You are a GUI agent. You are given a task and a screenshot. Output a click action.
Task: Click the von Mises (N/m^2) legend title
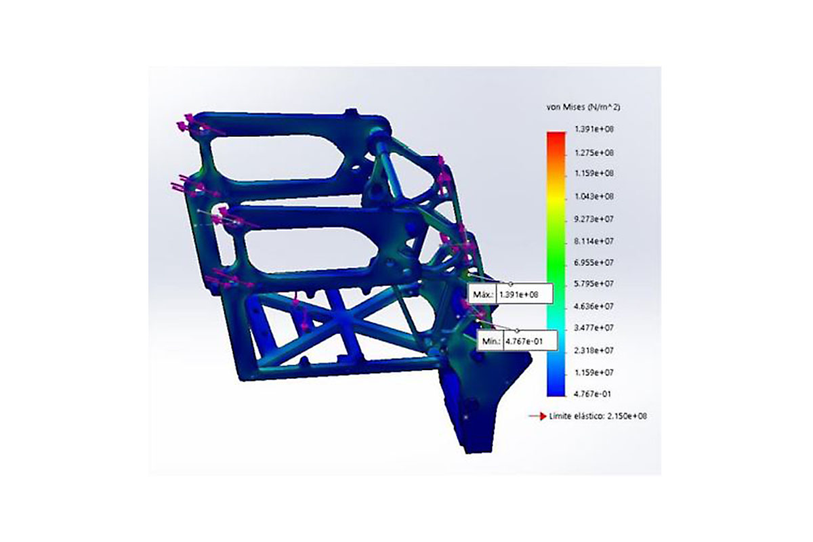(x=583, y=107)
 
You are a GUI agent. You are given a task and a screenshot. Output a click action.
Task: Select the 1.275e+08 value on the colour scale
(x=594, y=153)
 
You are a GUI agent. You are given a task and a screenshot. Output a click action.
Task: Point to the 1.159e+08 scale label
(x=594, y=173)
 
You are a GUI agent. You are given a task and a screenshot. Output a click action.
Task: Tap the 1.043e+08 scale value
(x=594, y=196)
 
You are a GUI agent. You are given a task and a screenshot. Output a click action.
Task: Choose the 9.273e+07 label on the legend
(x=594, y=220)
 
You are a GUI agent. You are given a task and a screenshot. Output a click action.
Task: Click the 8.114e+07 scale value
(x=594, y=241)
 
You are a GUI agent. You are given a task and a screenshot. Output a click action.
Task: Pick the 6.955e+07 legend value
(x=594, y=262)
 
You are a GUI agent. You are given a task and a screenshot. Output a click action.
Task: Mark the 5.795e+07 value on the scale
(x=594, y=283)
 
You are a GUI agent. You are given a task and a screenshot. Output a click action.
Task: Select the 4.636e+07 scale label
(x=594, y=306)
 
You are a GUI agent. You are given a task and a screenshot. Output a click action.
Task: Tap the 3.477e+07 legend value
(x=594, y=328)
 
